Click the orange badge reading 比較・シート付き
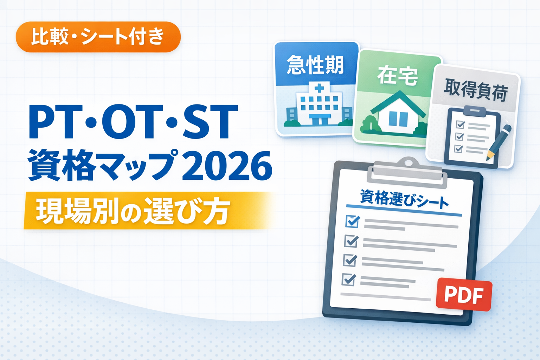98,37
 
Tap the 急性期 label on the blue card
315,65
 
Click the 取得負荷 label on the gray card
476,91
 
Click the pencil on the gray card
499,142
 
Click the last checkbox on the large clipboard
349,279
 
